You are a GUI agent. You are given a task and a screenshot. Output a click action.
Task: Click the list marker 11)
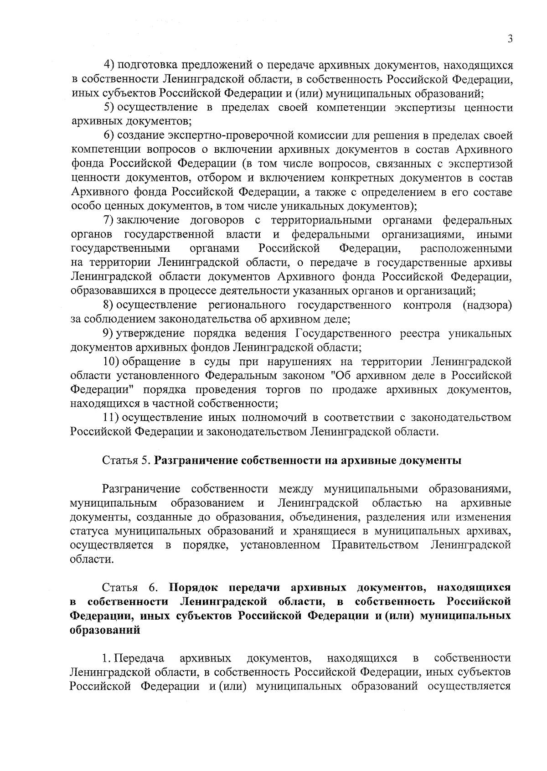tap(112, 418)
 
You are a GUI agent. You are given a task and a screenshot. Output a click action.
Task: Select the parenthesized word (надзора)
tap(487, 305)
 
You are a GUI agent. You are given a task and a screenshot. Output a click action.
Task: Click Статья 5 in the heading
tap(126, 461)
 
